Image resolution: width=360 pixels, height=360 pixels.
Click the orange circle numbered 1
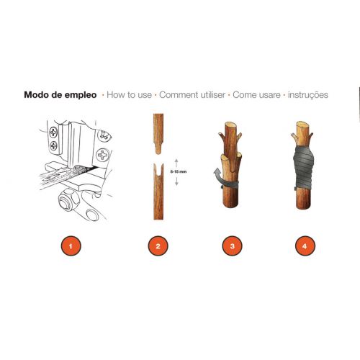71,246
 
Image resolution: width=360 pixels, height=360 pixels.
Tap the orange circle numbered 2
158,246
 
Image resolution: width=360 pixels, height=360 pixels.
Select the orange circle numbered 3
232,246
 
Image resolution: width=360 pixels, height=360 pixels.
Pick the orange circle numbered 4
305,246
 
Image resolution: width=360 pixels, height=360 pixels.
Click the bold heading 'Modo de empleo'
60,95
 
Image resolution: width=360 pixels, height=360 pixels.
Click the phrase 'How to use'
129,95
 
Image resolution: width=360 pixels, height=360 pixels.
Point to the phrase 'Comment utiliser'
192,95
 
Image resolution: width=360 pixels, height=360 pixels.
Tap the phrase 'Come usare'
256,95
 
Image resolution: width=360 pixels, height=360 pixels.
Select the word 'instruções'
308,95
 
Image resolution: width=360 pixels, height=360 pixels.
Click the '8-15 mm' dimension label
179,171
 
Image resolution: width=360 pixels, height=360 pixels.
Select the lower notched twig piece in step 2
158,192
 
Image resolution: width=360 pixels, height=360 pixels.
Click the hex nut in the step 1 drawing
69,200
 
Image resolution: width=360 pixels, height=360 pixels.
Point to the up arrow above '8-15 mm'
176,163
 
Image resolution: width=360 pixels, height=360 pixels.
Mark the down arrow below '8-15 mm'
176,181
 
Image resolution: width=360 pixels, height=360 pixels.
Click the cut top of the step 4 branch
302,125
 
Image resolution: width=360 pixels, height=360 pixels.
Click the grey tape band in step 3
230,184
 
